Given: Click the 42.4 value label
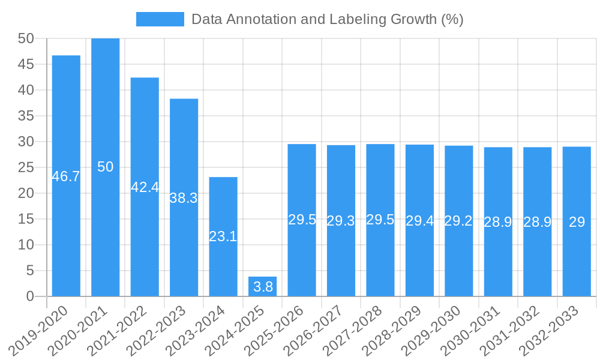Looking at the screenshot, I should (145, 187).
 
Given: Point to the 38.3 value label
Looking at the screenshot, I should (184, 198).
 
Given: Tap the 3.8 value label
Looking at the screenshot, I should (263, 287).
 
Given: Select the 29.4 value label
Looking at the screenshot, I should (420, 221).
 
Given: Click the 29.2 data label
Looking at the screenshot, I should (459, 221).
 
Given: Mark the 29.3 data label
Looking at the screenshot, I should (341, 221).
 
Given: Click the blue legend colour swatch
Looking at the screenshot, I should (160, 19).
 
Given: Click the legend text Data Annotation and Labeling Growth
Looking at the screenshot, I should (327, 19).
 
